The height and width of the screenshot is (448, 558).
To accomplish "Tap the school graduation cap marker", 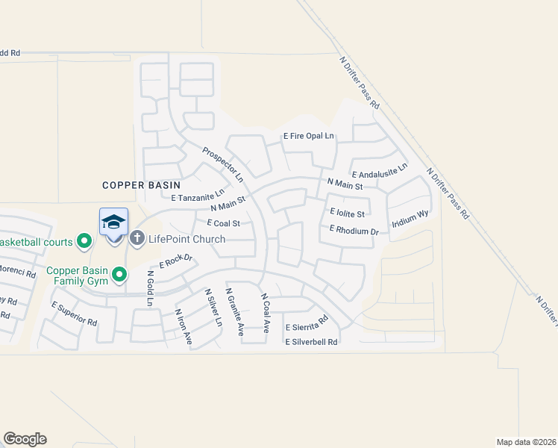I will click(113, 222).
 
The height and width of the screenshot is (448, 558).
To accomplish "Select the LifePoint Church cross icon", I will click(137, 238).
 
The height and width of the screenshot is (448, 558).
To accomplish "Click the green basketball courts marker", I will click(84, 241).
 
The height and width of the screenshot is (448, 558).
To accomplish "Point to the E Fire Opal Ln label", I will click(309, 137).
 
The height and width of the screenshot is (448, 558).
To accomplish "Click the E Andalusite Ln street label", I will click(380, 169).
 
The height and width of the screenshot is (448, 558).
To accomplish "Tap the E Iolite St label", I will click(347, 213).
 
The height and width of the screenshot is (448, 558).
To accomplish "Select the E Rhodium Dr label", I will click(348, 230).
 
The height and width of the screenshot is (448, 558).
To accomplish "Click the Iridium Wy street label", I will click(410, 218).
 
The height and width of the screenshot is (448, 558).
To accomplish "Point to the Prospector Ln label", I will click(223, 164).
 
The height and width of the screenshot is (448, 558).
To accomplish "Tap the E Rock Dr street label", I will click(176, 262).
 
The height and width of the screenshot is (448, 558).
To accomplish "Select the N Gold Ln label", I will click(150, 288).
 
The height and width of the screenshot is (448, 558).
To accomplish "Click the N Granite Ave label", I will click(234, 312).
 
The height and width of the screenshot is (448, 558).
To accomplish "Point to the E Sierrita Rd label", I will click(307, 323).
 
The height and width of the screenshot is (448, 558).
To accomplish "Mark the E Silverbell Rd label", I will click(312, 342).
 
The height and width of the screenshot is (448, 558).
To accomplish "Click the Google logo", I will click(25, 439).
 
